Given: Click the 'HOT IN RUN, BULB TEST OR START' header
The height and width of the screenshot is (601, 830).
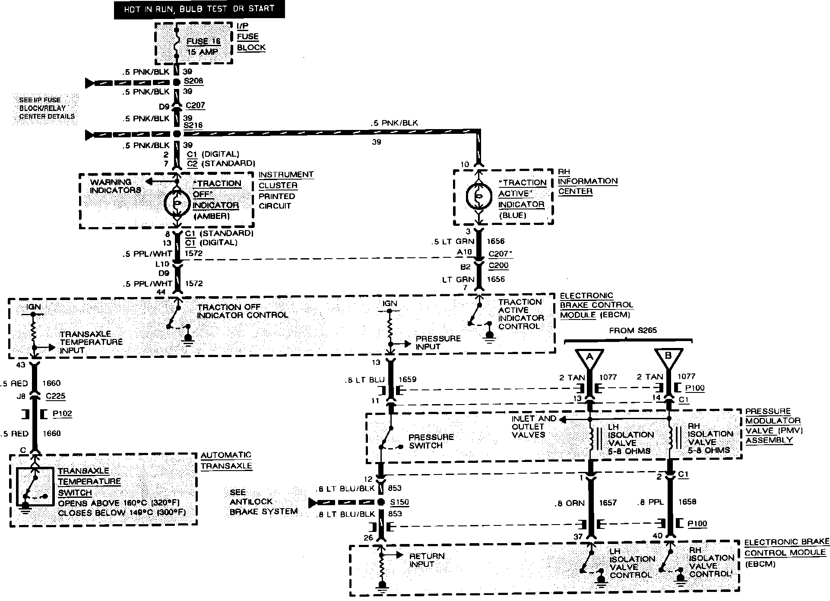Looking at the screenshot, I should click(199, 9).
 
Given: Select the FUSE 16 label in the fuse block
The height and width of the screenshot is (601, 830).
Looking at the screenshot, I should click(203, 41).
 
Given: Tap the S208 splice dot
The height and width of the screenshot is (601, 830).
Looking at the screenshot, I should click(176, 82).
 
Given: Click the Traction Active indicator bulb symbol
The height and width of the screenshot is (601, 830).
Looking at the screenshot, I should click(478, 196).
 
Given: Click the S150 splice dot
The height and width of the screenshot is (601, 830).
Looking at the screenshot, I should click(381, 502).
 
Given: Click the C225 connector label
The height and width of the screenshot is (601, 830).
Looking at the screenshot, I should click(55, 396).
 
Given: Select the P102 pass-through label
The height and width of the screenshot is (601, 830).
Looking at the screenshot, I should click(62, 414).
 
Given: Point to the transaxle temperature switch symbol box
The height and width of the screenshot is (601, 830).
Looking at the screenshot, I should click(35, 487).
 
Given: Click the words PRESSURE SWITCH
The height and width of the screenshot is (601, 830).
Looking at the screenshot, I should click(425, 441).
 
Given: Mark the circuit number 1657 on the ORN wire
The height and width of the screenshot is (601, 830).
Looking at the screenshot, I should click(608, 503).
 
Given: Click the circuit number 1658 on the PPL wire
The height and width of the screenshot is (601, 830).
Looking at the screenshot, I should click(687, 502).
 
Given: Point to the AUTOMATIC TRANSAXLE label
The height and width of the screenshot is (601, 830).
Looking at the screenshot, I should click(226, 461).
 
